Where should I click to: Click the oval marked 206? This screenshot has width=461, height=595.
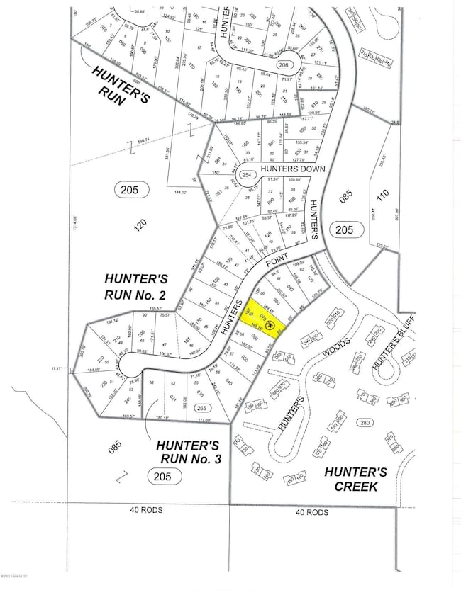click(x=284, y=64)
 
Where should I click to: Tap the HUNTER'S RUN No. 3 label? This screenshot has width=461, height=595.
click(x=189, y=452)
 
